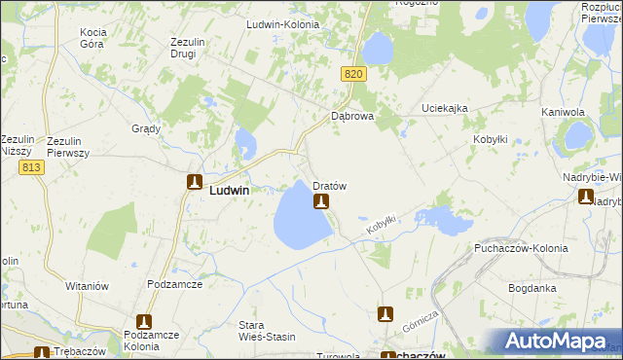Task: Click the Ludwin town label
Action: coord(229,192)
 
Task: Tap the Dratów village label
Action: coord(330,185)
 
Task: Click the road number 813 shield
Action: coord(30,167)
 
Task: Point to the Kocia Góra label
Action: coord(98,38)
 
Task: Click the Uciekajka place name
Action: coord(445,107)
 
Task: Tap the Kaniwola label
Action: coord(562,112)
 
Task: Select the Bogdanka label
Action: coord(532,288)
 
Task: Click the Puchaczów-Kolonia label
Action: coord(515,249)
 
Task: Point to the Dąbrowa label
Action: coord(352,116)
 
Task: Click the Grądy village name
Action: coord(145,128)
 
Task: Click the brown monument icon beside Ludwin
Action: coord(195,182)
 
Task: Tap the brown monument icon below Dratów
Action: coord(320,201)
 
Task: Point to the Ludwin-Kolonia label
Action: coord(283,24)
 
